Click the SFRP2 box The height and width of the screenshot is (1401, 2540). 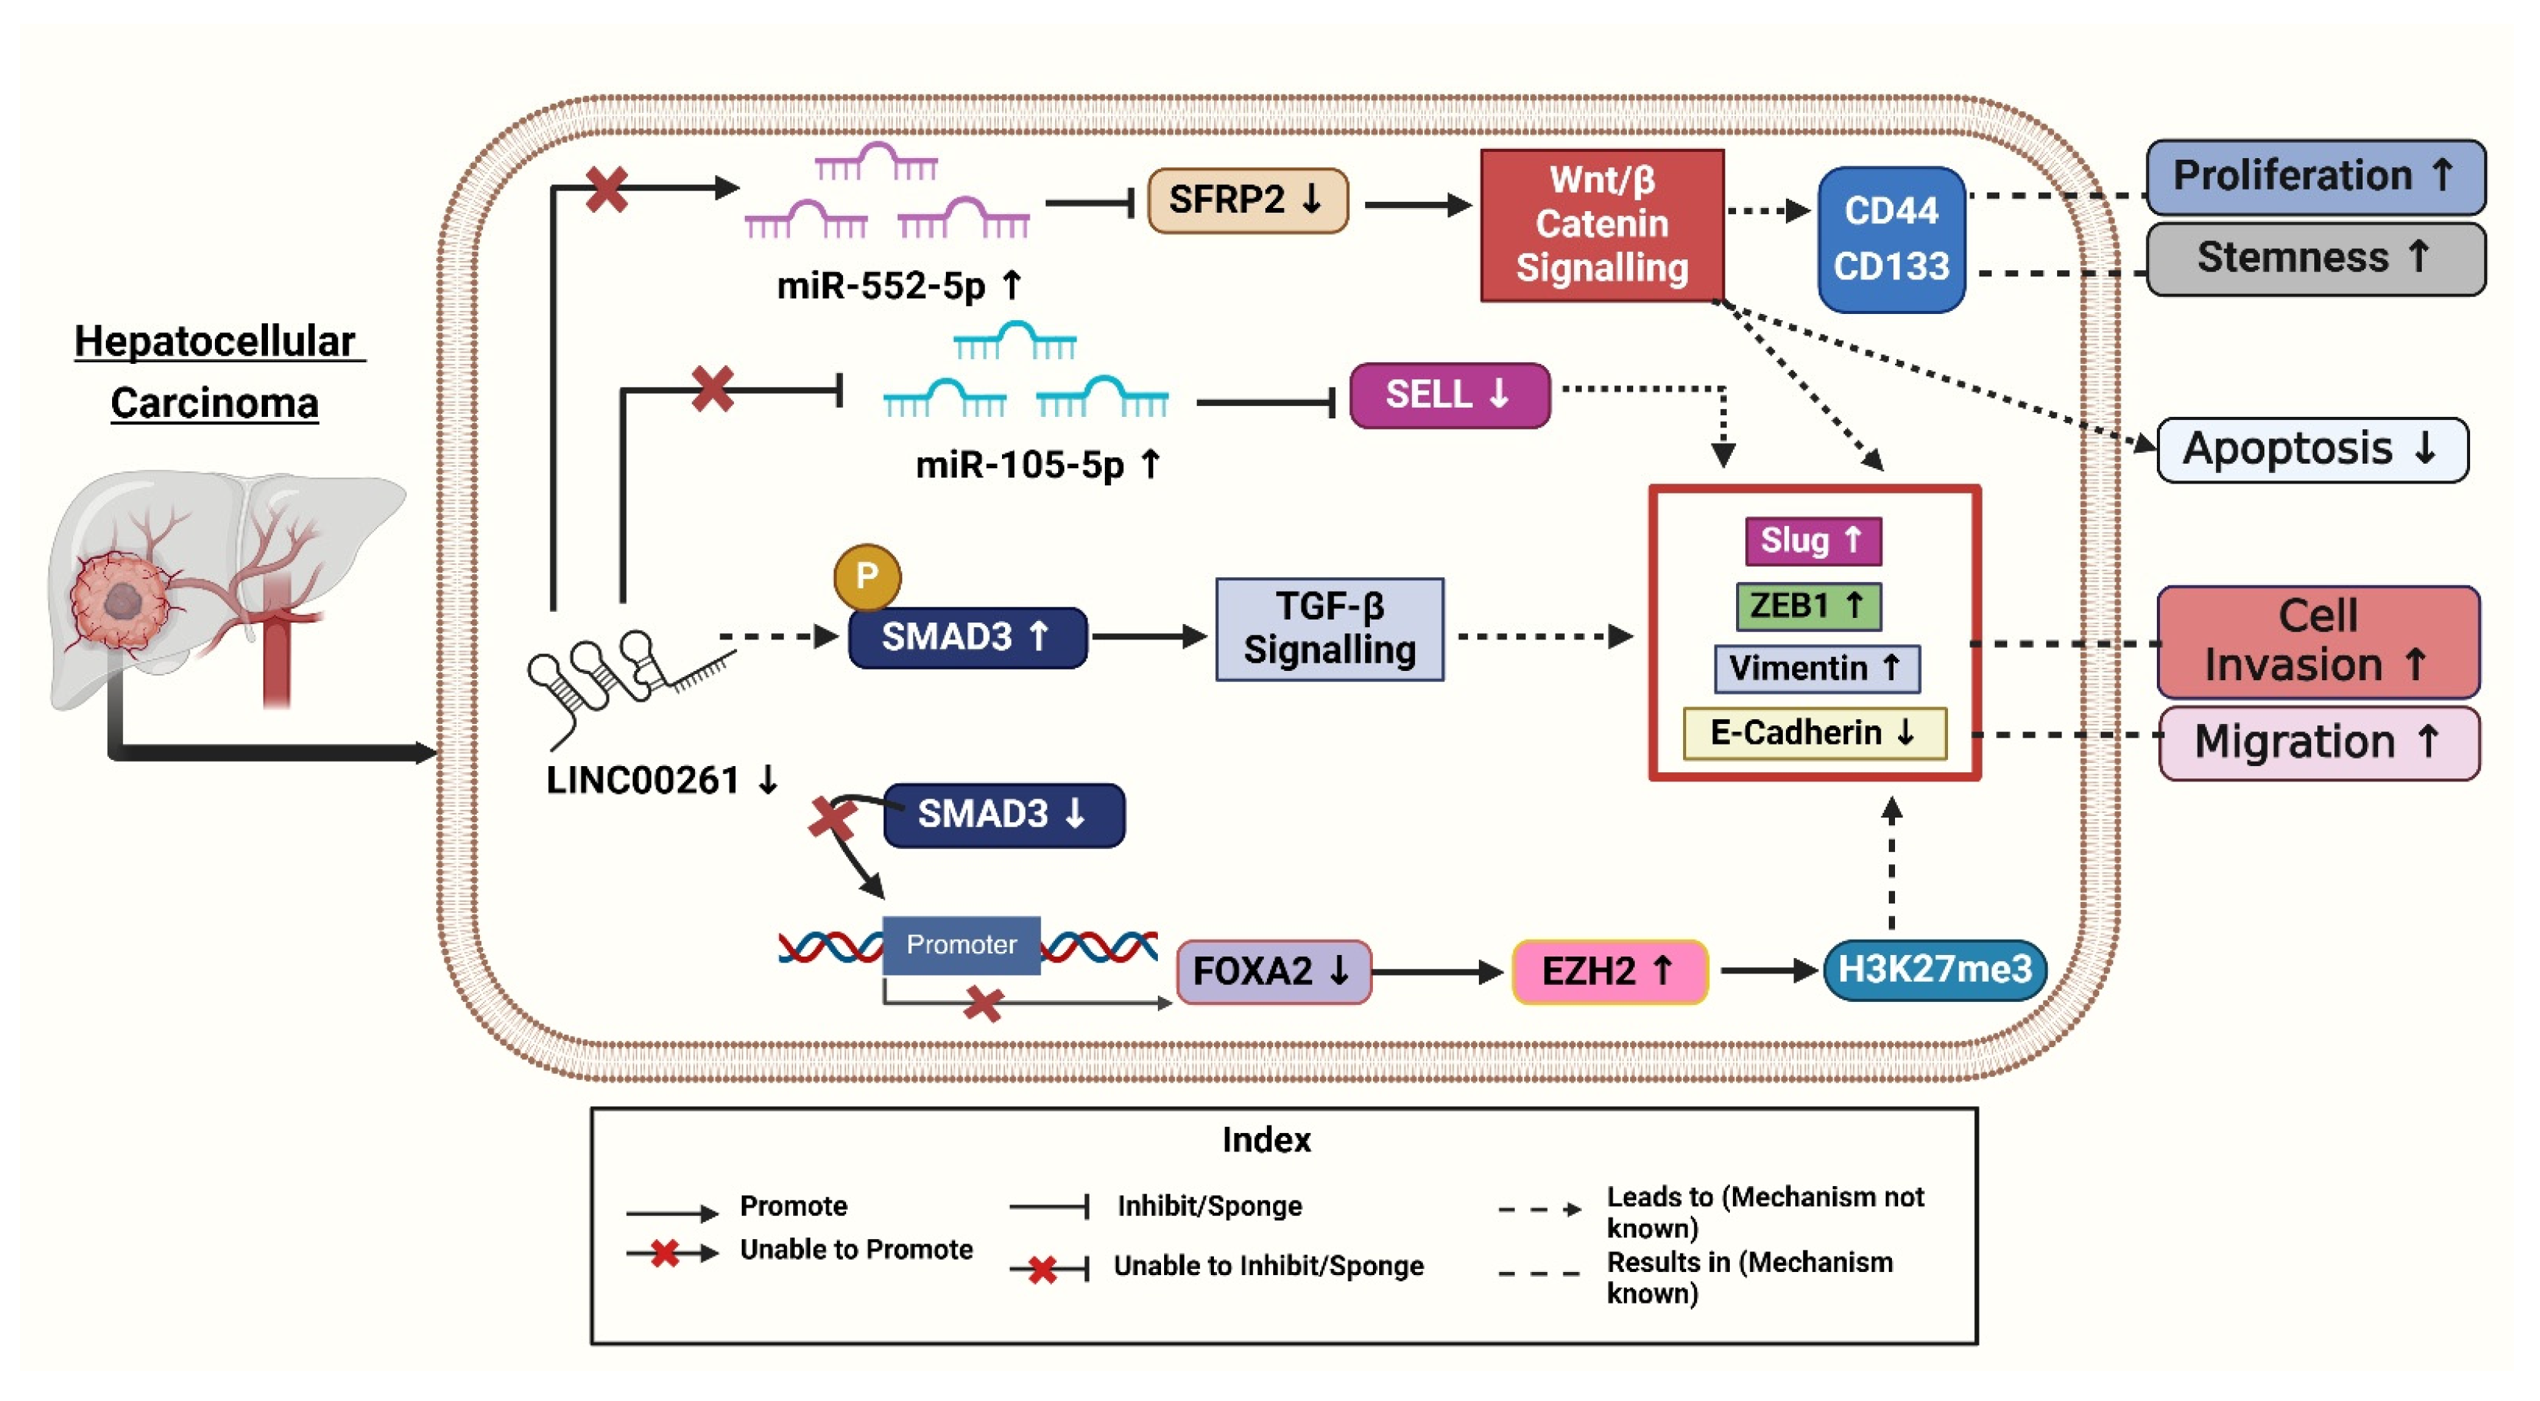[1246, 200]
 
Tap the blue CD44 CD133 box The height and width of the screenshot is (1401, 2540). [1890, 239]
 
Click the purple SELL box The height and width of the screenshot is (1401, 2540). [1447, 395]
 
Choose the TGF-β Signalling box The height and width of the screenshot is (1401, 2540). [1328, 629]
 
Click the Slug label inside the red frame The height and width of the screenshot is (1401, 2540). [1811, 540]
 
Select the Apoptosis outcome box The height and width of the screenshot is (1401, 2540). [2311, 450]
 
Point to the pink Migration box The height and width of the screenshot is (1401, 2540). [2317, 742]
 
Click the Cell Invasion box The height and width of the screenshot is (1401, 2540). [2317, 641]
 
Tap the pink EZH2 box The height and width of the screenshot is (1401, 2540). [1608, 971]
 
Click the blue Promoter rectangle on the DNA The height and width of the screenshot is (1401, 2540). [961, 944]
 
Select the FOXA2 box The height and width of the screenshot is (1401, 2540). [1272, 971]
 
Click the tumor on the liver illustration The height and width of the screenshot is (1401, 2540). [121, 600]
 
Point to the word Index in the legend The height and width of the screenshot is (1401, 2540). [1265, 1140]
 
